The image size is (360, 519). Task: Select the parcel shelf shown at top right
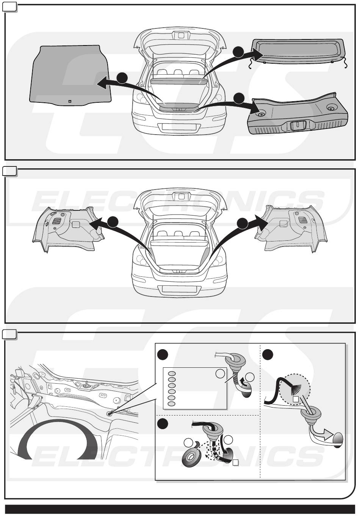(x=299, y=52)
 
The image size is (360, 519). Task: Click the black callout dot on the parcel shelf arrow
(x=238, y=52)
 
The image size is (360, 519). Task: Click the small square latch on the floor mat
(x=70, y=101)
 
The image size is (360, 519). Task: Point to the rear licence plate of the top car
(x=179, y=127)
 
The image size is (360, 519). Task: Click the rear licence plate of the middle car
(x=179, y=289)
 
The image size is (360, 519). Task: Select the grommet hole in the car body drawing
(x=110, y=414)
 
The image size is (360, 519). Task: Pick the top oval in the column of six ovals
(x=172, y=373)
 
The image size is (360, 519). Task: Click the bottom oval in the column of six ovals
(x=172, y=404)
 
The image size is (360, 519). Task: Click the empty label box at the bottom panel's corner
(x=9, y=334)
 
